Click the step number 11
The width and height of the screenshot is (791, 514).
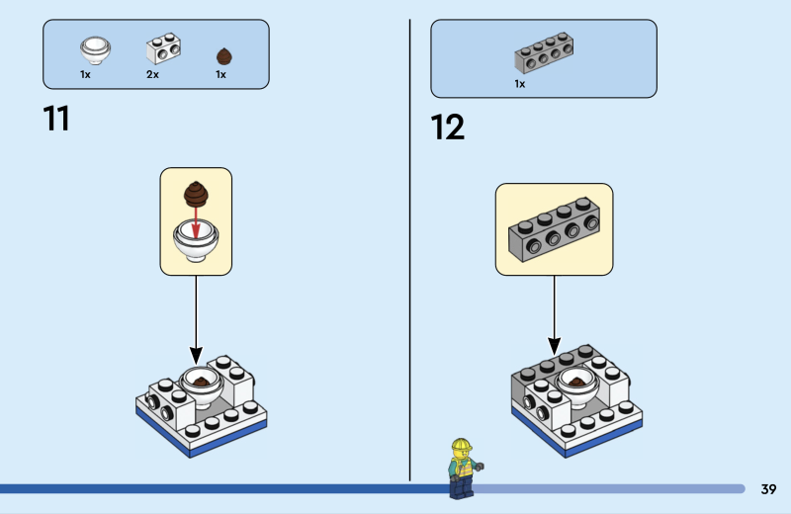point(56,119)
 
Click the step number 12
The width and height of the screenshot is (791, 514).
point(447,127)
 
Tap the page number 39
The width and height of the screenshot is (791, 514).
point(768,489)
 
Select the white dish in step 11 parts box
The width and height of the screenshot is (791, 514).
point(95,48)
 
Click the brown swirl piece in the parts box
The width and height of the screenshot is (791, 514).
point(221,55)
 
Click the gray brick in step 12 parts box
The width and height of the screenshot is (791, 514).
point(544,56)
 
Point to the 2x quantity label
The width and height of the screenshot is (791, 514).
point(152,74)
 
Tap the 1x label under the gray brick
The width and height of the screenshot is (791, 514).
point(519,84)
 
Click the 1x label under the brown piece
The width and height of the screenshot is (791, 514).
point(220,74)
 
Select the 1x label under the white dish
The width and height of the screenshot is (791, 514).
point(85,74)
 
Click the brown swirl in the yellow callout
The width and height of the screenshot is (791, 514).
point(196,191)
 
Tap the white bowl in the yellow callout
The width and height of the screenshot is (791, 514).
point(196,240)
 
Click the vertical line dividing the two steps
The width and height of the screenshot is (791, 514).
point(409,247)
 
